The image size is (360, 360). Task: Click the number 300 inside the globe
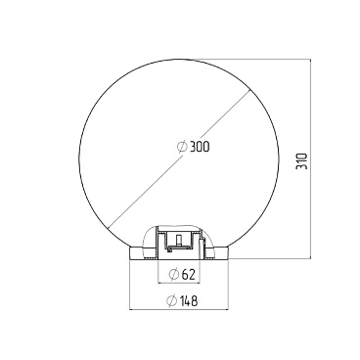pyautogui.click(x=200, y=147)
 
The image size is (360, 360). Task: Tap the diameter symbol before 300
pyautogui.click(x=182, y=147)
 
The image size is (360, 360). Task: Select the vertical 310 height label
pyautogui.click(x=301, y=160)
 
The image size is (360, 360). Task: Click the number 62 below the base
pyautogui.click(x=188, y=275)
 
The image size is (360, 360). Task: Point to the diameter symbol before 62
pyautogui.click(x=174, y=274)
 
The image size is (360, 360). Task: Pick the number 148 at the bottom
pyautogui.click(x=188, y=301)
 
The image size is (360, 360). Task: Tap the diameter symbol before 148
pyautogui.click(x=171, y=300)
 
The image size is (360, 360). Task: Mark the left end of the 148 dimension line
pyautogui.click(x=130, y=309)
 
